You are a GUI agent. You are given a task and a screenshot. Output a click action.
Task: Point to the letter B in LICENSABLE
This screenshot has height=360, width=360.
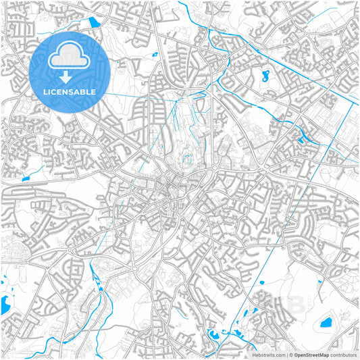click(83, 92)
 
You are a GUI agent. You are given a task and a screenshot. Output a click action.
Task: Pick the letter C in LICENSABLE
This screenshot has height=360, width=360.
click(55, 92)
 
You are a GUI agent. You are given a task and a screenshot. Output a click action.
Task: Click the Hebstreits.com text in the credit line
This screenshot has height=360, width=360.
click(268, 355)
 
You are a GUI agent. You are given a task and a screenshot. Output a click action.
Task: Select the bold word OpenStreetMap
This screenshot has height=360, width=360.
click(311, 355)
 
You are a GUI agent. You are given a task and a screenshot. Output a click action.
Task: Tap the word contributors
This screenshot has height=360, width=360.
click(343, 355)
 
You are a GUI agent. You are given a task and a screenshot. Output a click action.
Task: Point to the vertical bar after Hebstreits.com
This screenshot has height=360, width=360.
click(286, 355)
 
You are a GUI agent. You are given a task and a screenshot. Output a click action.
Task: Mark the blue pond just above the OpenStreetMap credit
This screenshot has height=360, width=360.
click(326, 322)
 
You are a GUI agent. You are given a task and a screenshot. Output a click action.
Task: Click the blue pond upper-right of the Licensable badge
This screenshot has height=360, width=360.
click(94, 22)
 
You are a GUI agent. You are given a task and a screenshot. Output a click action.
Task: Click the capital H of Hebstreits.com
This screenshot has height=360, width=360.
click(254, 355)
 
